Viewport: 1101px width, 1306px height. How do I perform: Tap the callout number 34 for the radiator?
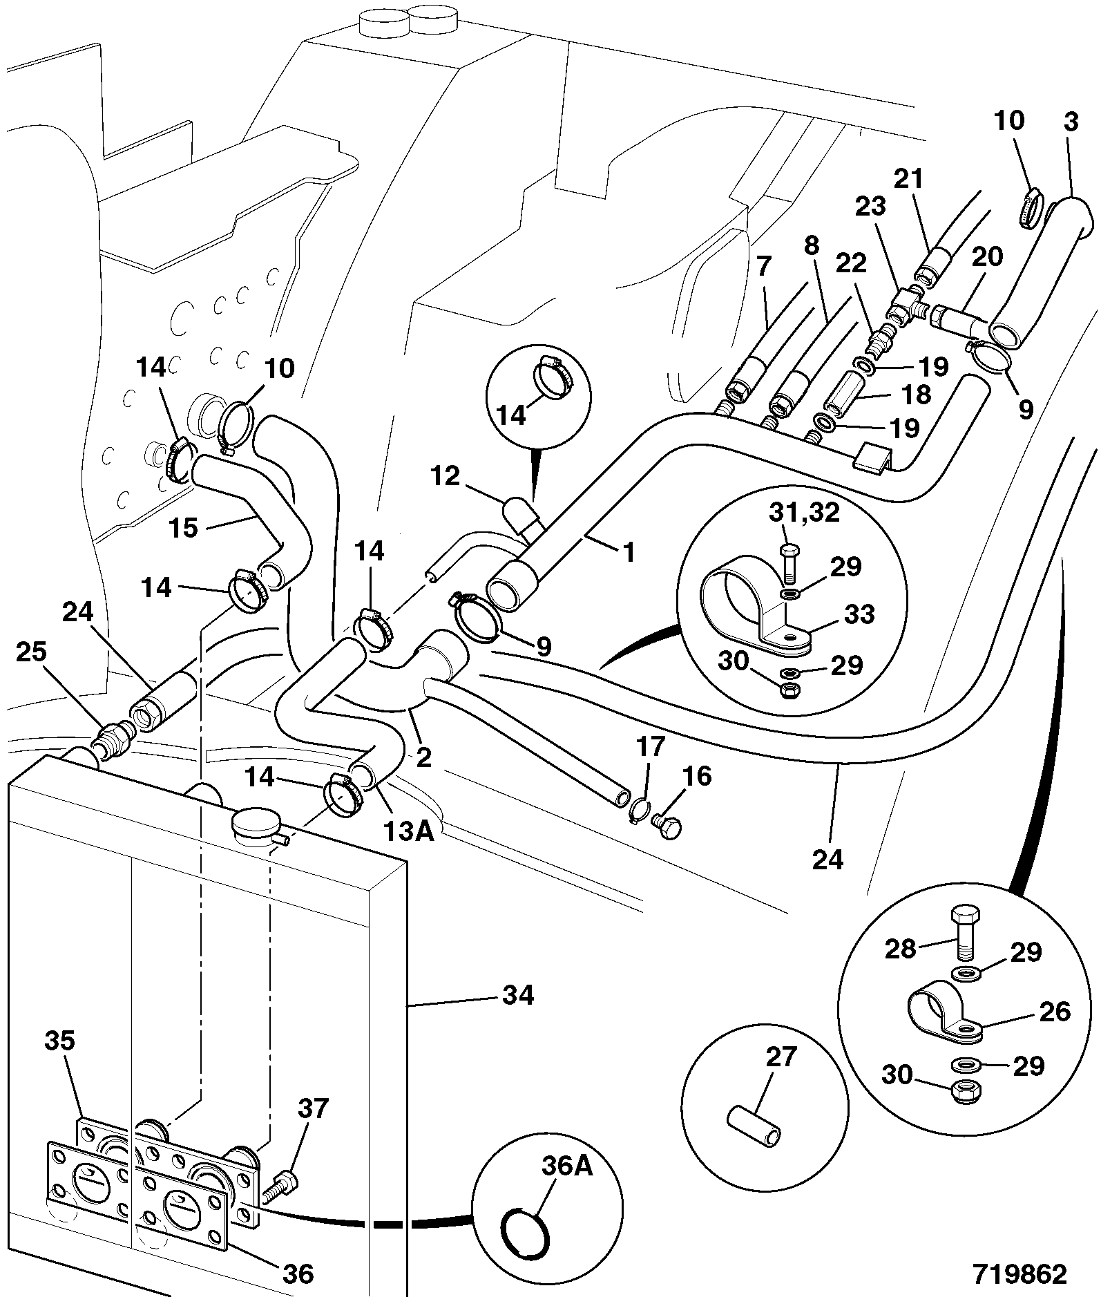click(x=517, y=995)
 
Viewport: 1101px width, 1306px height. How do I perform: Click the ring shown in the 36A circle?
click(x=526, y=1230)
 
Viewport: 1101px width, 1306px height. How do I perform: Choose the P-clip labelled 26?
click(x=944, y=1018)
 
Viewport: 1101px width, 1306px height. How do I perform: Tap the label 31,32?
click(x=803, y=513)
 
